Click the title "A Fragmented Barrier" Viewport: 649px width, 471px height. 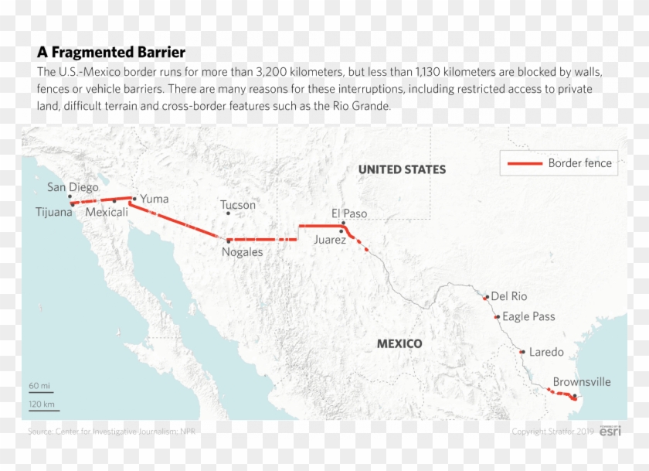pos(111,53)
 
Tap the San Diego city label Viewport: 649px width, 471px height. pos(73,186)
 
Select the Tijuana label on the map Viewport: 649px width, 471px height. pos(53,212)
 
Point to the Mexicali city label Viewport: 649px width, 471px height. pos(107,212)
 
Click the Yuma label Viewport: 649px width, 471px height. pos(155,199)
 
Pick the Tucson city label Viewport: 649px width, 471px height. pos(237,205)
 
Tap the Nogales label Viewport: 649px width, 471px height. pos(242,252)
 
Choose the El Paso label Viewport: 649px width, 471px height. pos(349,213)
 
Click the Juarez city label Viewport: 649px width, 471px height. pos(330,240)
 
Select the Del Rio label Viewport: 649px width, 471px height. pos(508,296)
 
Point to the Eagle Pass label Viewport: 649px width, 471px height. pos(528,316)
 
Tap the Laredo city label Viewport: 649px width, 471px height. pos(546,352)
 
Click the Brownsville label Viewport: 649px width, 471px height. pos(582,382)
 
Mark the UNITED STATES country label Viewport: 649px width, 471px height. pos(402,169)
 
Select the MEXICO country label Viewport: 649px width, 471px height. pos(399,343)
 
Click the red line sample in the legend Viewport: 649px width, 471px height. pos(525,163)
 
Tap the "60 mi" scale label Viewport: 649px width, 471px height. pos(39,385)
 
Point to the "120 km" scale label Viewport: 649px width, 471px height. pos(42,404)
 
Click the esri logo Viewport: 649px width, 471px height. pos(610,431)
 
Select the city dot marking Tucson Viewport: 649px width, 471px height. pos(228,213)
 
